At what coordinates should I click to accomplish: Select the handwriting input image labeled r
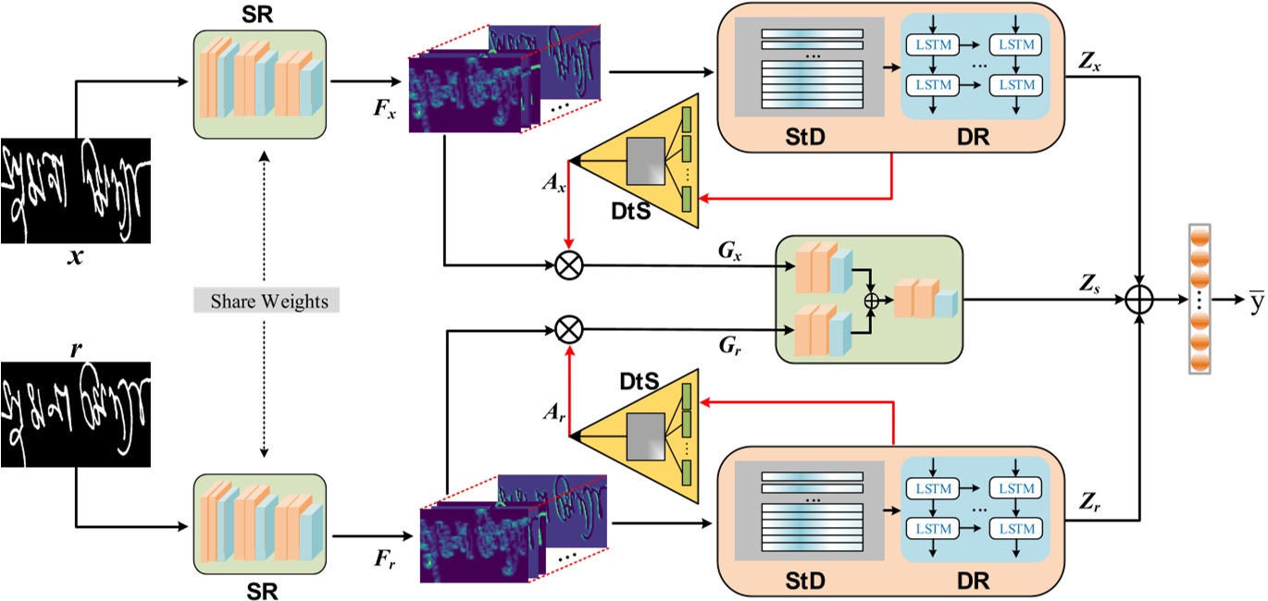coord(75,414)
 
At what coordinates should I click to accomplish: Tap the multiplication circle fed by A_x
coord(567,266)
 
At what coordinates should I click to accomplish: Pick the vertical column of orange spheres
coord(1200,300)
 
